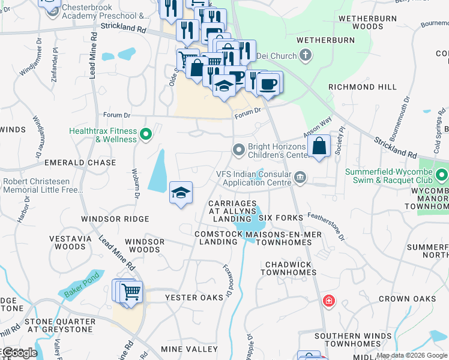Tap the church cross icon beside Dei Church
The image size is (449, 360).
[306, 56]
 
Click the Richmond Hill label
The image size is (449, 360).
[362, 87]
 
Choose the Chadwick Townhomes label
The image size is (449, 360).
[288, 268]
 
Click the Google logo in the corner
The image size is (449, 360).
[20, 353]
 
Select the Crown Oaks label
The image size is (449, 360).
[407, 298]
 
